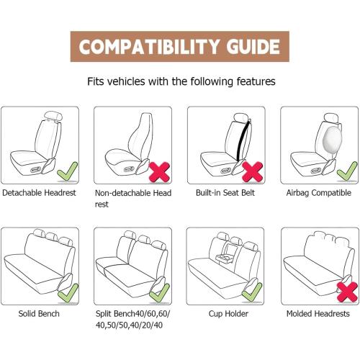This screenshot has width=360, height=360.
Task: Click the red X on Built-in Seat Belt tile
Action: [x=251, y=171]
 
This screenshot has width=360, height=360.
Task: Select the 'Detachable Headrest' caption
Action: [x=40, y=194]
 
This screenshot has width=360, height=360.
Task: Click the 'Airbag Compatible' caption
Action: [x=319, y=194]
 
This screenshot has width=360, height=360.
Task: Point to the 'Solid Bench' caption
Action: [x=40, y=314]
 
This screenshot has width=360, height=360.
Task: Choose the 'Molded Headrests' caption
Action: [x=318, y=314]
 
